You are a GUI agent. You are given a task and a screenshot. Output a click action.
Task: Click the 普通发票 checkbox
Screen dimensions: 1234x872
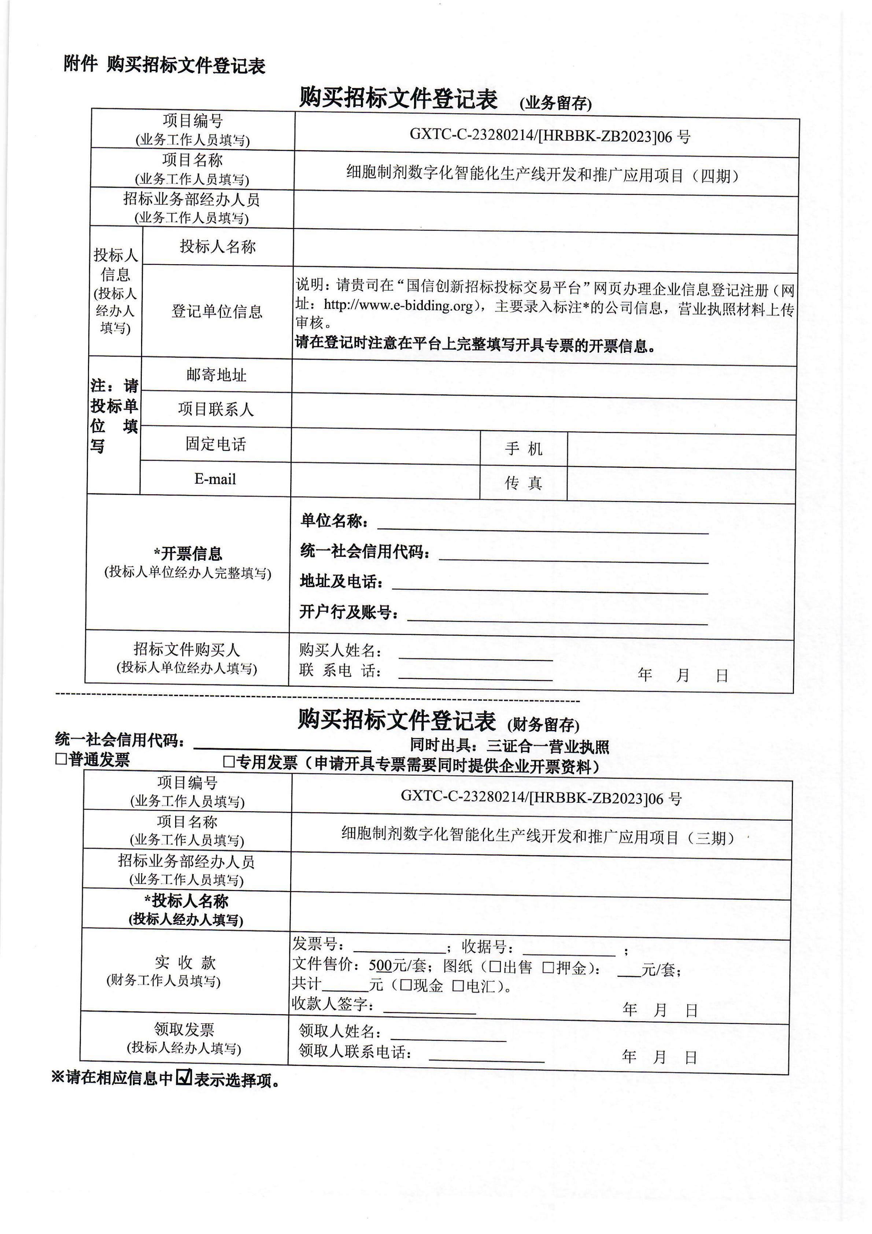(61, 760)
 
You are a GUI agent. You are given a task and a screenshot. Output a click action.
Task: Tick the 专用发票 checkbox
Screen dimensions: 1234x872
(229, 762)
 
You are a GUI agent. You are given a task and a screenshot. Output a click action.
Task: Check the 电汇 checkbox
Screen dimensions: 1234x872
(458, 986)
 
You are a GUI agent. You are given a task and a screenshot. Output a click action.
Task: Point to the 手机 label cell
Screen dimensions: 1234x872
(523, 448)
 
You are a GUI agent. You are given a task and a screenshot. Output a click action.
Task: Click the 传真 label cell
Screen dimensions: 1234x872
(523, 483)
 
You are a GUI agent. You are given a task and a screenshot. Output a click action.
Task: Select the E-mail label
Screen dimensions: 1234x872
(215, 479)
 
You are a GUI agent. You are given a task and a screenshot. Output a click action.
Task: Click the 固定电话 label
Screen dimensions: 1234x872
(215, 444)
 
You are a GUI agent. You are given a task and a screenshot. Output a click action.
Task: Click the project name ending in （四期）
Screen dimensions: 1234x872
(542, 175)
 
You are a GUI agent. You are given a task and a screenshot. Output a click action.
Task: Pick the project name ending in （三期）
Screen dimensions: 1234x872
(537, 837)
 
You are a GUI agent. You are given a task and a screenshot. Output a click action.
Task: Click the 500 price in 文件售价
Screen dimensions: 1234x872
(380, 966)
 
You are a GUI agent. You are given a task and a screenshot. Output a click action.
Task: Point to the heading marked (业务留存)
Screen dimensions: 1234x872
(556, 103)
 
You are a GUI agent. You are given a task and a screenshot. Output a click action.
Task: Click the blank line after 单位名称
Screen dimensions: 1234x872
(543, 528)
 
